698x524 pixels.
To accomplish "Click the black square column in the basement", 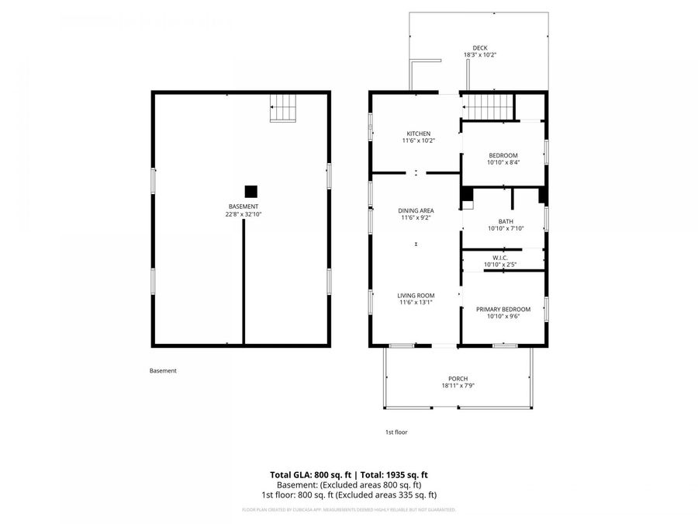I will (251, 191).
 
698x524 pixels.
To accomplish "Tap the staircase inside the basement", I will (283, 108).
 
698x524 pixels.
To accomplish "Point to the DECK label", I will (480, 47).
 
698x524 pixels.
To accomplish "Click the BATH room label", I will (506, 221).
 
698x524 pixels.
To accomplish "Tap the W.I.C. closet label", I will (499, 258).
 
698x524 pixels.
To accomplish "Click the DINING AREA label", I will (416, 210).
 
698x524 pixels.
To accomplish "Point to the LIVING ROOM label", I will (416, 295).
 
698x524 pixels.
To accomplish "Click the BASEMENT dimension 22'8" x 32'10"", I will (242, 213).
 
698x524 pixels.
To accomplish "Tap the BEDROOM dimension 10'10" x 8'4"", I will (503, 162).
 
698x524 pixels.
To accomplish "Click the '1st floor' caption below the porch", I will (396, 432).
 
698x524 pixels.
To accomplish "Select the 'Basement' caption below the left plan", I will (163, 370).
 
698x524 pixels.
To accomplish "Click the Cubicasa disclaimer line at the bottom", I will (349, 510).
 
